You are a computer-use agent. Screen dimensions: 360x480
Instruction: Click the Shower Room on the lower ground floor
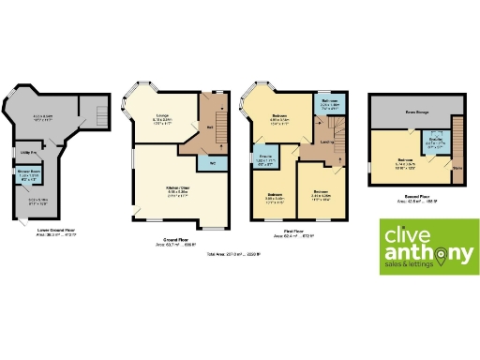29,178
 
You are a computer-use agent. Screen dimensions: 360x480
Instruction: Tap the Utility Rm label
28,152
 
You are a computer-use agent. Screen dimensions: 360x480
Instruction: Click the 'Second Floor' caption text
410,197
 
